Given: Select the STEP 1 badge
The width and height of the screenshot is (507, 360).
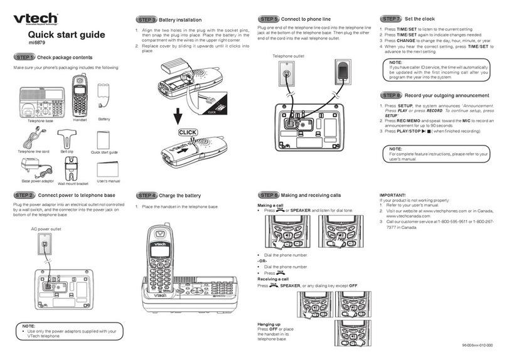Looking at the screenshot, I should click(x=24, y=58).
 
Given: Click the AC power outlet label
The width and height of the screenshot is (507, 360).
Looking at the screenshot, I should click(x=47, y=230).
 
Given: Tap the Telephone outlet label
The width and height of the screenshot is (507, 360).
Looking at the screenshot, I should click(x=288, y=56).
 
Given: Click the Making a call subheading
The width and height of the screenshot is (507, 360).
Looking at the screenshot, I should click(x=271, y=206).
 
